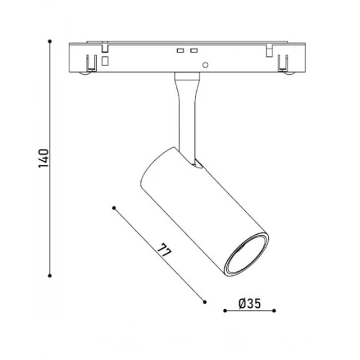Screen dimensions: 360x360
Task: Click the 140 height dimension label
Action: click(43, 158)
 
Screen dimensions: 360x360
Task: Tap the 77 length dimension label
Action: click(164, 250)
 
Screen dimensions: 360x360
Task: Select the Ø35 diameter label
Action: click(250, 304)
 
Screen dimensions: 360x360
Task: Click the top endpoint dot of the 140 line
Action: click(50, 41)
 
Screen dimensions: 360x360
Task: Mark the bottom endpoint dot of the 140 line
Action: click(50, 275)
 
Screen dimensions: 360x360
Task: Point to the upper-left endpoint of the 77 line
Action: click(114, 208)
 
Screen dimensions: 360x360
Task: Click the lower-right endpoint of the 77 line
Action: click(205, 302)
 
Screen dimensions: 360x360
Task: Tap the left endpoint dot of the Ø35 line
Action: click(225, 311)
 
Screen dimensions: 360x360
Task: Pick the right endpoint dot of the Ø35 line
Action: click(274, 311)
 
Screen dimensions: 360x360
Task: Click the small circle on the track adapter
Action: click(205, 65)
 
